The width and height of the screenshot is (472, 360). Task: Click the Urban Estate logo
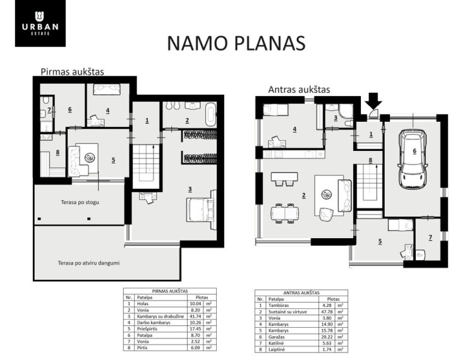[40, 23]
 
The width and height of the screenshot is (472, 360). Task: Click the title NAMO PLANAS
[236, 43]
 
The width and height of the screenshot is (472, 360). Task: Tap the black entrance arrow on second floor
[374, 100]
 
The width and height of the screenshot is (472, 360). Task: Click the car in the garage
[413, 158]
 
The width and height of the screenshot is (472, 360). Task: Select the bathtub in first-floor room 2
[211, 114]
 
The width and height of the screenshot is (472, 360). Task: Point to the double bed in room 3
[202, 210]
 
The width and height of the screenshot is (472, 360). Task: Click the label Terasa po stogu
[80, 202]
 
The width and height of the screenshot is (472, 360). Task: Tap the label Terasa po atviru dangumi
[89, 263]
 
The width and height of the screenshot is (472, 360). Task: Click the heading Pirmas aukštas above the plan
[72, 71]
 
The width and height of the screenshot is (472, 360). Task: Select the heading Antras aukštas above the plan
[299, 90]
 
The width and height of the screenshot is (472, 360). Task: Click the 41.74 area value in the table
[193, 316]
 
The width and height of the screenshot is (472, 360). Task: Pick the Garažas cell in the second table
[276, 337]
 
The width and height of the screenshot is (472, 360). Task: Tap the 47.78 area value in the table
[325, 312]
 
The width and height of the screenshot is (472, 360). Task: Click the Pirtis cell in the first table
[142, 347]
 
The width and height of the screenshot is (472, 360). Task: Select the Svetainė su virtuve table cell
[287, 312]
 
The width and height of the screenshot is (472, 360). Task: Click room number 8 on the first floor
[57, 152]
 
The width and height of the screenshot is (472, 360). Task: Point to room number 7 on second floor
[430, 237]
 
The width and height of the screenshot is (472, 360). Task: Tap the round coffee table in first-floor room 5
[89, 157]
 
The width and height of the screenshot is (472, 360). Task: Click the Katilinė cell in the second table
[275, 343]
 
